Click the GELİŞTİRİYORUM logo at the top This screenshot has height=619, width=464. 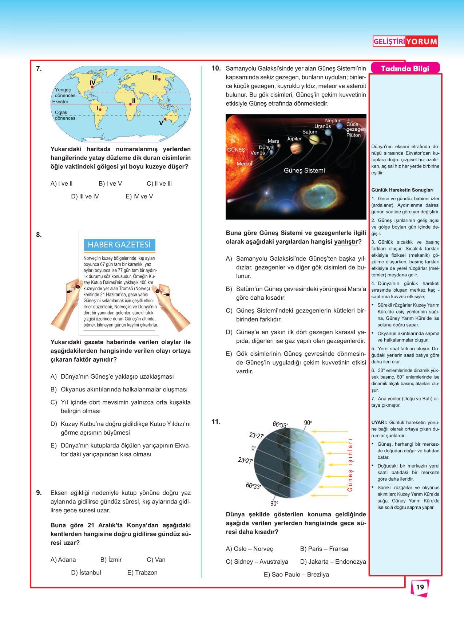click(405, 41)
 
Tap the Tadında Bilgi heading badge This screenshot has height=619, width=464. click(405, 68)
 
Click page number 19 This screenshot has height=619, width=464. click(420, 587)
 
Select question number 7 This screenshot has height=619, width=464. click(39, 68)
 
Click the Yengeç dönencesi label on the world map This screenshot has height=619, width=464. click(66, 92)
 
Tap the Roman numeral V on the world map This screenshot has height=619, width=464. click(161, 123)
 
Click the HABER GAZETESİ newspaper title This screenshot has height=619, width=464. click(119, 245)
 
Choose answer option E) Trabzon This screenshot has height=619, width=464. click(142, 572)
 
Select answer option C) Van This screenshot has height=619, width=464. click(156, 560)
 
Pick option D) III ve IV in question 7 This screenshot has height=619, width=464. click(85, 196)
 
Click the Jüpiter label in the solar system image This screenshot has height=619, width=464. click(294, 139)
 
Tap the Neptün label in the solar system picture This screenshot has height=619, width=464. click(333, 121)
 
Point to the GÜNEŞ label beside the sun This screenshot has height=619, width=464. click(236, 150)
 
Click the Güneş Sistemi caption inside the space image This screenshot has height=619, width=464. click(304, 170)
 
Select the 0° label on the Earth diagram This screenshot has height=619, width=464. click(254, 448)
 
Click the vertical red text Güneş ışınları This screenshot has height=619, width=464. click(350, 465)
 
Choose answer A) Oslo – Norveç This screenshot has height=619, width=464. click(249, 549)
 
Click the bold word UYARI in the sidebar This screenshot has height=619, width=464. click(379, 422)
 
